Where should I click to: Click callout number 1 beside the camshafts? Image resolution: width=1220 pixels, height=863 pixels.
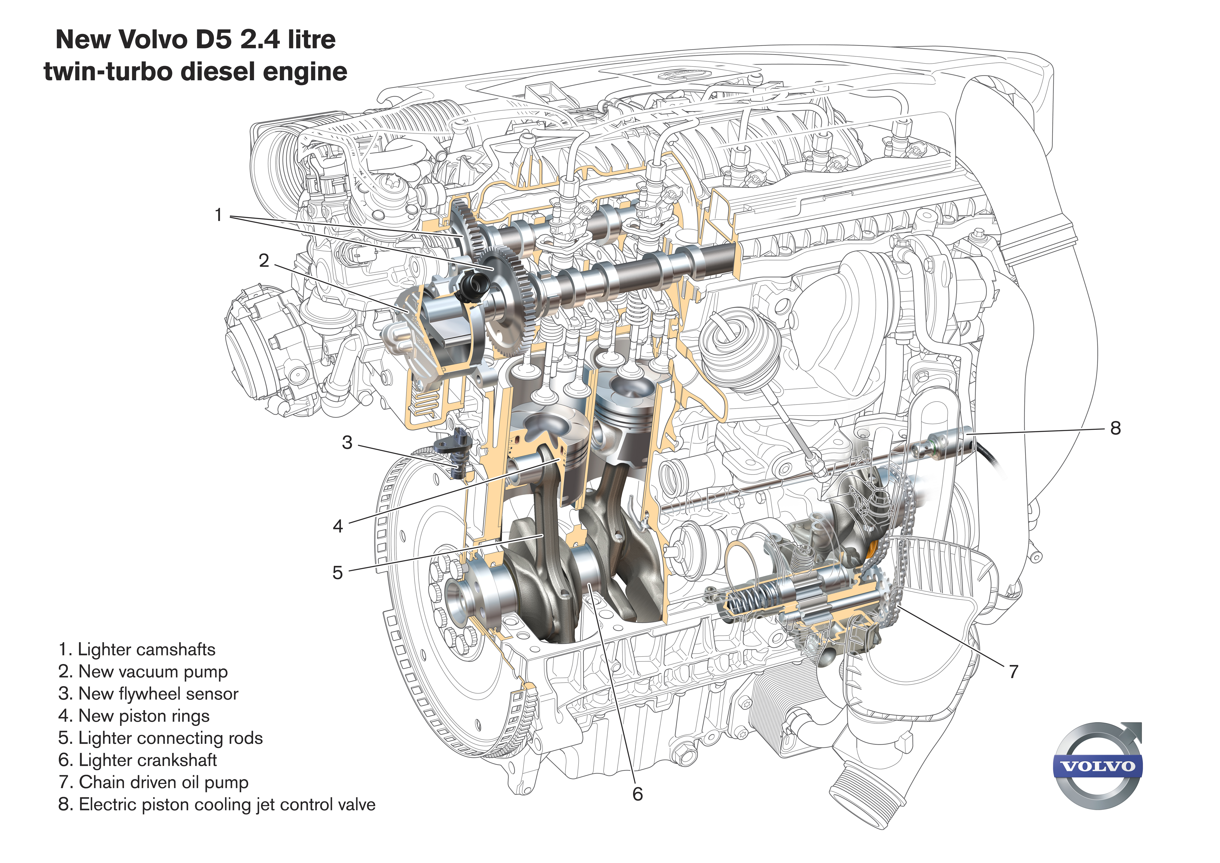(x=218, y=215)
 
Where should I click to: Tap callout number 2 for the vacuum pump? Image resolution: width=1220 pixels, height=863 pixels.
(x=264, y=261)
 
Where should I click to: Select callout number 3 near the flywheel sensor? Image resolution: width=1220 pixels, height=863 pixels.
(x=347, y=443)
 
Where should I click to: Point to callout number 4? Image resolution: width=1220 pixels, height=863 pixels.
(x=338, y=526)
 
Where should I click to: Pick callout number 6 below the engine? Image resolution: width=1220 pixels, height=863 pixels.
(x=638, y=794)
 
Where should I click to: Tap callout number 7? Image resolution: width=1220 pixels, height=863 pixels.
(x=1013, y=672)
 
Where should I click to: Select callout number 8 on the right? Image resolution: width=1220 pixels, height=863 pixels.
(x=1115, y=428)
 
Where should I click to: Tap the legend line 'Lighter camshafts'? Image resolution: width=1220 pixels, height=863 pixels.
(x=137, y=649)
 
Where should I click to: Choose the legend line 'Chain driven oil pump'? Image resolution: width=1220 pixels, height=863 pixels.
(x=154, y=782)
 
